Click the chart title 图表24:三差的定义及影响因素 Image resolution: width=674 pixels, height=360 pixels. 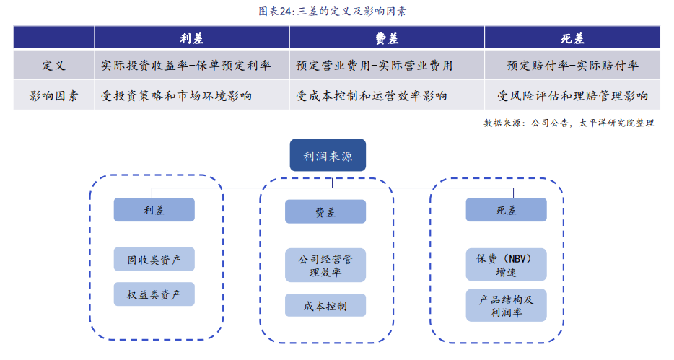[332, 11]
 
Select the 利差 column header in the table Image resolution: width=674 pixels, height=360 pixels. [192, 38]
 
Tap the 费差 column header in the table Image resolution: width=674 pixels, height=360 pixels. [387, 38]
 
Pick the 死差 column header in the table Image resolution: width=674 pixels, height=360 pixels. [572, 38]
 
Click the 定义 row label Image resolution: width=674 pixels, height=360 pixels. [53, 66]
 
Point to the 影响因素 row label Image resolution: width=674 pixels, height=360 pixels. [53, 95]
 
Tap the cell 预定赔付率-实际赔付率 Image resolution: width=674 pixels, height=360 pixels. [572, 66]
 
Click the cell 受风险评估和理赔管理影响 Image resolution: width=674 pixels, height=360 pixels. [572, 95]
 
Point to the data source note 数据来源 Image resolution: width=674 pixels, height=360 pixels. [569, 123]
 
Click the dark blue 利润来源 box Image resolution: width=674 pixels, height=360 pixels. [328, 155]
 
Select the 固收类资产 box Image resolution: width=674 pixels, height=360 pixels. [154, 259]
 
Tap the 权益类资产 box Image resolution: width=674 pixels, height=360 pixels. [154, 294]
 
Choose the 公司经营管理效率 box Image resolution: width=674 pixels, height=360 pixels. [325, 265]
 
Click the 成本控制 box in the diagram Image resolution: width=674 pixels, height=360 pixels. [325, 305]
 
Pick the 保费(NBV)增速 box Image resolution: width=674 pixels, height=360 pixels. [507, 265]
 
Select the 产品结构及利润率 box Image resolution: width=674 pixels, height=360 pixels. [507, 305]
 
